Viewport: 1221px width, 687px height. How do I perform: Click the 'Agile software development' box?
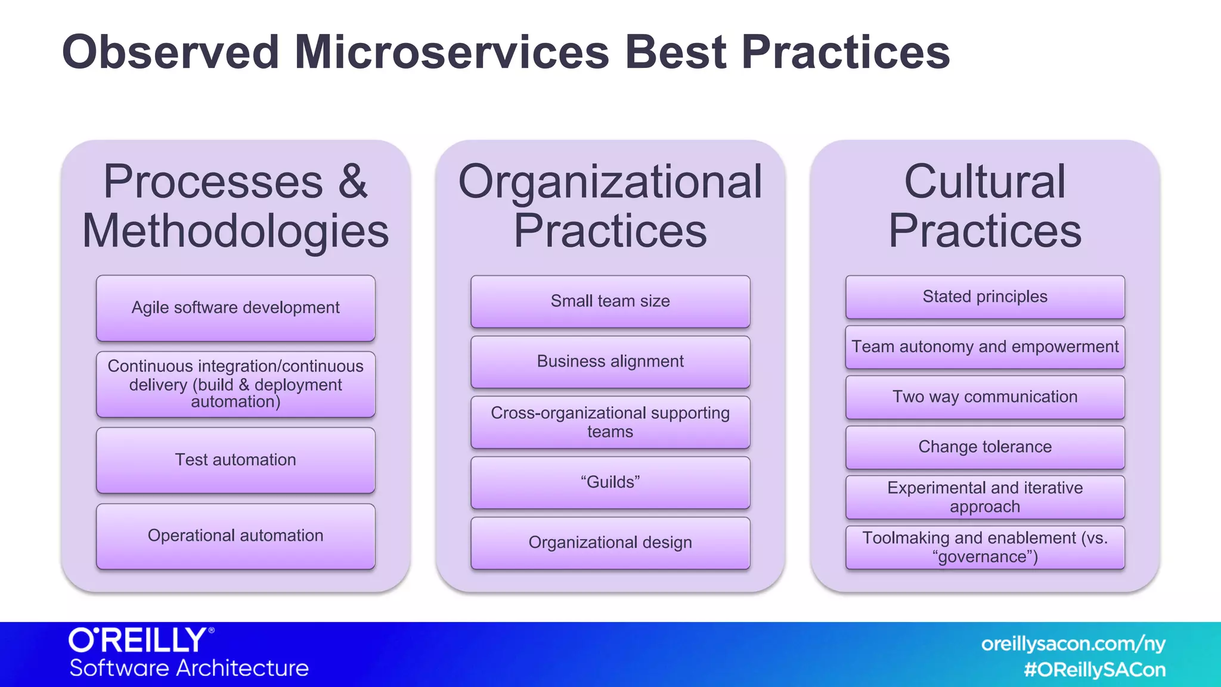tap(235, 308)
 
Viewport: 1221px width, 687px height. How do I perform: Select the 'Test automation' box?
tap(235, 460)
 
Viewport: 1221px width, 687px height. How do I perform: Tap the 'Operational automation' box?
tap(235, 536)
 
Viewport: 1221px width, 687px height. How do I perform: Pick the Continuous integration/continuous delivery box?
tap(235, 384)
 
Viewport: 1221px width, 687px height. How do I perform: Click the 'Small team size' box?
tap(610, 301)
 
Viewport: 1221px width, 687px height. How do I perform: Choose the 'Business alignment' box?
tap(610, 361)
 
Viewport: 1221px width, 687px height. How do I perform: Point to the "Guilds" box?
tap(610, 482)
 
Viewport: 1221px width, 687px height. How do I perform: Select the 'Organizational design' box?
tap(610, 543)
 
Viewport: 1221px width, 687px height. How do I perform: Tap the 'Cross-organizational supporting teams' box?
tap(610, 422)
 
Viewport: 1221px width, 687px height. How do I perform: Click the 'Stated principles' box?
tap(985, 297)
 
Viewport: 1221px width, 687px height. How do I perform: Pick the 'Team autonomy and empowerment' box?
tap(985, 347)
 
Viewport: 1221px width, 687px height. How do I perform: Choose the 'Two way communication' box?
tap(985, 397)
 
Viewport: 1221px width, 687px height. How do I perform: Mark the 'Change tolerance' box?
tap(985, 447)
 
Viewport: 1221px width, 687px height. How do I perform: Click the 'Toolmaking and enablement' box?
tap(985, 547)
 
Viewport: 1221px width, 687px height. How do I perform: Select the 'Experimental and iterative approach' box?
tap(985, 497)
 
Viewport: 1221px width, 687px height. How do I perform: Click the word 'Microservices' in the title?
tap(451, 52)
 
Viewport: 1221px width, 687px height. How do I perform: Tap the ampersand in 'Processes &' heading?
tap(353, 181)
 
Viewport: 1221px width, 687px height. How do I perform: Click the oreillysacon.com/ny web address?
tap(1073, 644)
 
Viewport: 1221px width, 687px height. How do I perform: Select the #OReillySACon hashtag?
tap(1094, 670)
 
